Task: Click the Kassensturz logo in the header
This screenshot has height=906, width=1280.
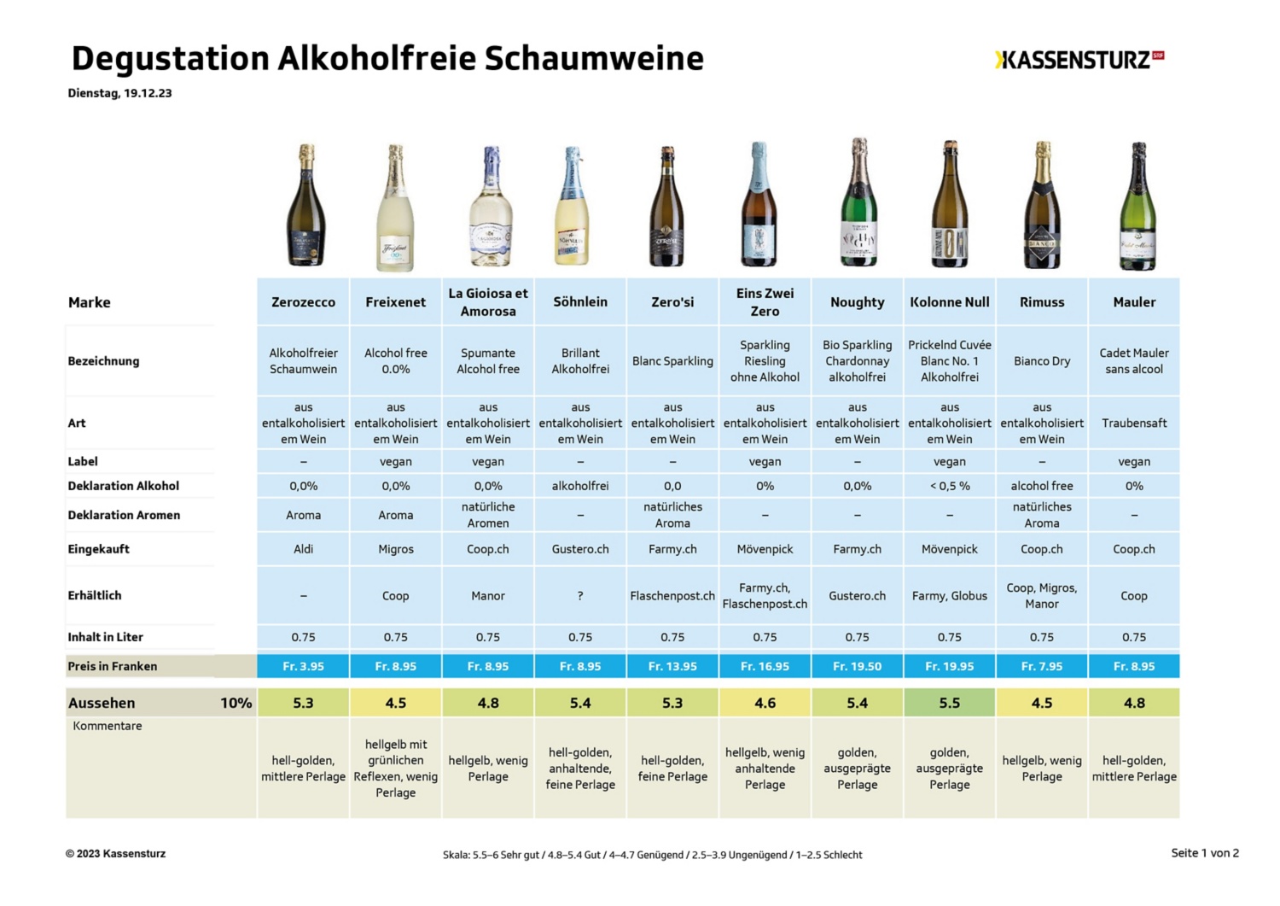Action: coord(1079,60)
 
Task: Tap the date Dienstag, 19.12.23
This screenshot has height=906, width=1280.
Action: coord(119,93)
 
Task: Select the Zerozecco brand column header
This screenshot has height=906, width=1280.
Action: coord(303,302)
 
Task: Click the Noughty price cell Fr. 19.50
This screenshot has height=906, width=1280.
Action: coord(857,666)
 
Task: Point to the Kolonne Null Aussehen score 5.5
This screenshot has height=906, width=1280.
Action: coord(949,703)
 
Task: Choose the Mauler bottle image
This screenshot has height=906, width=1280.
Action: coord(1137,206)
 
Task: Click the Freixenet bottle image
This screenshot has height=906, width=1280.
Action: coord(395,208)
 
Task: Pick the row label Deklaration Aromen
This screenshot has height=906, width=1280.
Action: coord(124,515)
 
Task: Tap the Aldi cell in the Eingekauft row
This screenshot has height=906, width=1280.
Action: coord(303,549)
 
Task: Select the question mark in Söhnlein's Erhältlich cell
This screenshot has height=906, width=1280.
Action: coord(580,596)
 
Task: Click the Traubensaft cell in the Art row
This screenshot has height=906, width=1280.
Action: coord(1133,423)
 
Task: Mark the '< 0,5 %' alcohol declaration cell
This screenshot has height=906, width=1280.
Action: coord(949,486)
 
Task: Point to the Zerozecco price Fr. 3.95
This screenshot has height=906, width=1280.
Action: coord(303,666)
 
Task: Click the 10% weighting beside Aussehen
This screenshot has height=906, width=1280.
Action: coord(236,703)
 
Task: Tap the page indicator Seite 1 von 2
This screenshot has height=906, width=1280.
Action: coord(1204,853)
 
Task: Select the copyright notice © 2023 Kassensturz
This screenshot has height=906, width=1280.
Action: coord(115,853)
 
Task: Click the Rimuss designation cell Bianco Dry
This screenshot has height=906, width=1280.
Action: coord(1041,361)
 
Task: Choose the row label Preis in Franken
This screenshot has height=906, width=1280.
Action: coord(113,666)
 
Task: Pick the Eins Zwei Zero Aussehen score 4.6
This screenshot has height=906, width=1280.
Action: coord(765,703)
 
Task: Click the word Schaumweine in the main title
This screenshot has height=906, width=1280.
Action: coord(594,58)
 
